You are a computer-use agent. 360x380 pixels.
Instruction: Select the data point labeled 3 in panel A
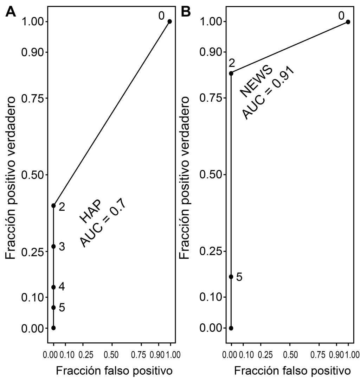click(53, 246)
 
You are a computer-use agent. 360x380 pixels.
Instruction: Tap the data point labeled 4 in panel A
click(53, 287)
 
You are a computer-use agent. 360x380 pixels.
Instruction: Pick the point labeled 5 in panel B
click(231, 277)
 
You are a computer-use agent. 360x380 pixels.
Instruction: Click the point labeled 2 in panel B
click(231, 73)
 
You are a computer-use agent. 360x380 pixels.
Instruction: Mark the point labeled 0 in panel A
click(169, 21)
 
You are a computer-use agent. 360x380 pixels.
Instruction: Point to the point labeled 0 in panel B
click(348, 22)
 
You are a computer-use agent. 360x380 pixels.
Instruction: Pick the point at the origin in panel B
click(231, 328)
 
